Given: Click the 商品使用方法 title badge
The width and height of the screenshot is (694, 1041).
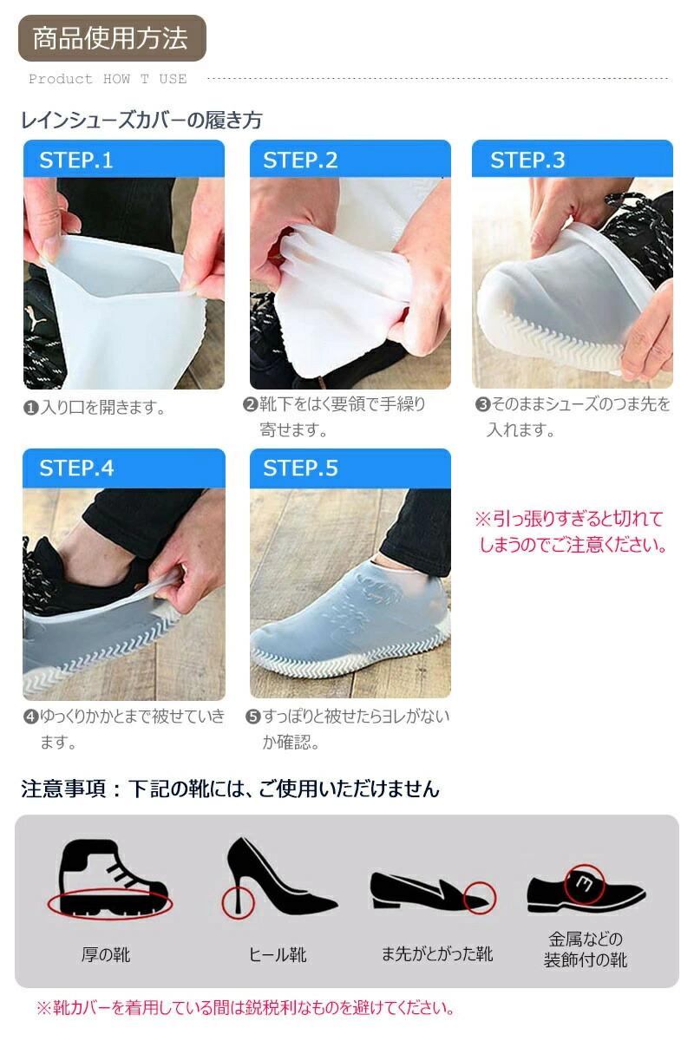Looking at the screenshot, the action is click(112, 38).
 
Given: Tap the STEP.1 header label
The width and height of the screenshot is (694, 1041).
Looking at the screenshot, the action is click(76, 160).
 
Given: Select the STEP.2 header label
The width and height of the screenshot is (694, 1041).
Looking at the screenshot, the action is click(300, 160).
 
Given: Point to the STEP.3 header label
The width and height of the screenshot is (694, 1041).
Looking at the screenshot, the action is click(527, 160).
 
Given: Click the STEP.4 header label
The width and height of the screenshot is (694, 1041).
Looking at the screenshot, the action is click(76, 468).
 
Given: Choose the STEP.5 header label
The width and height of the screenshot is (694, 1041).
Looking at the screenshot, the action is click(300, 468).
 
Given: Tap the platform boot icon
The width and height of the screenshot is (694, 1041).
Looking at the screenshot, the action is click(112, 878).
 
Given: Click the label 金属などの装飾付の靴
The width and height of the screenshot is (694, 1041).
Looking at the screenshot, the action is click(586, 949).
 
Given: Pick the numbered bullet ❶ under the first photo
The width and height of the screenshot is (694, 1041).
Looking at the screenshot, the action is click(30, 408).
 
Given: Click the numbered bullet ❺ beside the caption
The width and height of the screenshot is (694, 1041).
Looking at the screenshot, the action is click(252, 717).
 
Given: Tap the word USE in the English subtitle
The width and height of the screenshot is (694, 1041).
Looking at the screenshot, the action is click(173, 79).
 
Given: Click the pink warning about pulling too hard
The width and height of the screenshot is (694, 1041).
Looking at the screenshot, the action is click(572, 532).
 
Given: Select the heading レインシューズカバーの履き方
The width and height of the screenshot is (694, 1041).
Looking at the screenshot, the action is click(141, 120).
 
